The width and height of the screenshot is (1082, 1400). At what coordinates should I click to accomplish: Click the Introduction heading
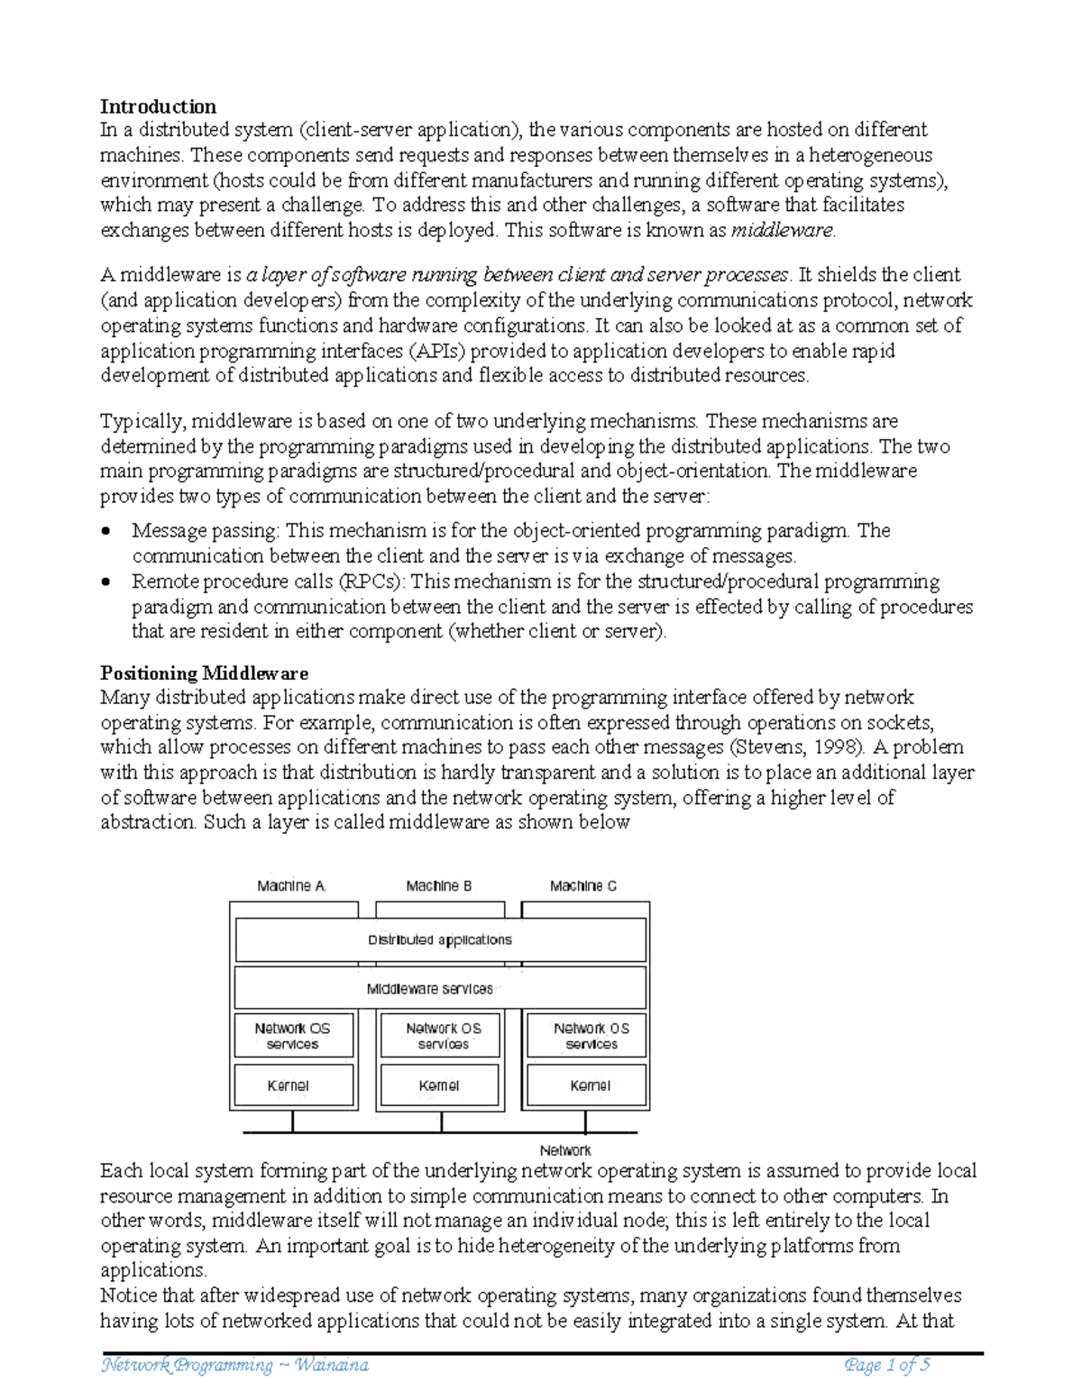coord(158,106)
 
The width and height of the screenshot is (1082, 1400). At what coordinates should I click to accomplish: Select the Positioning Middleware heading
coord(204,673)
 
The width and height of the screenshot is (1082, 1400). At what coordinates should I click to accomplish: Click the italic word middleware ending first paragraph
coord(782,230)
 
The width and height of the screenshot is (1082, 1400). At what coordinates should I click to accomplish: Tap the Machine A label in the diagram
coord(290,886)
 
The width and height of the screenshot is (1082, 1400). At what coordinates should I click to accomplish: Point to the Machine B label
coord(438,886)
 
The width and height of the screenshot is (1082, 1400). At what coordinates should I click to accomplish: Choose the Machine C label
coord(583,886)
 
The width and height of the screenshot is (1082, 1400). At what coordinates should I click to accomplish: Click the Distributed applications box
coord(440,940)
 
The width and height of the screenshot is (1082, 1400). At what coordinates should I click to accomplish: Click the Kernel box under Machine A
coord(293,1085)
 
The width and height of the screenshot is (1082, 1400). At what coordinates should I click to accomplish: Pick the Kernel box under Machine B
coord(439,1085)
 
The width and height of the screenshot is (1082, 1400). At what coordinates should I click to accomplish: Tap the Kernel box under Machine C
coord(586,1085)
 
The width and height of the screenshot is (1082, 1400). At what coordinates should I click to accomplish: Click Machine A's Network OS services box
coord(293,1036)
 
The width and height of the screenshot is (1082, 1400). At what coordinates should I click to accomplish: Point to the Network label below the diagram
coord(565,1150)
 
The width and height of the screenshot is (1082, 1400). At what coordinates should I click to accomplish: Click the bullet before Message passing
coord(107,532)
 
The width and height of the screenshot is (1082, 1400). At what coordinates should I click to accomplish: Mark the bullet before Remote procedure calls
coord(107,582)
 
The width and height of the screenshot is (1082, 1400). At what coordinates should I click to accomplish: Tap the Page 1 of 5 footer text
coord(886,1366)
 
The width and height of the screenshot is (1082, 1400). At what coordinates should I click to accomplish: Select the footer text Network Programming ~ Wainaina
coord(235,1366)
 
